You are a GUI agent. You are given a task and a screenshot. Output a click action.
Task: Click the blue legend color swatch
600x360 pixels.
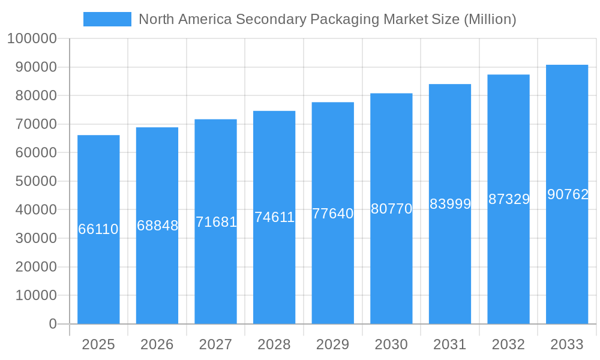coord(107,19)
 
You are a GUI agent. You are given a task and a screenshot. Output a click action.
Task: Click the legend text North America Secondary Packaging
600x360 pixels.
coord(327,19)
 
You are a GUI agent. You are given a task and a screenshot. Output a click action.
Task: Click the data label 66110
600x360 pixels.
coord(98,229)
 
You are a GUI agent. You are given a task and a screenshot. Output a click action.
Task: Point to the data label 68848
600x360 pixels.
coord(157,226)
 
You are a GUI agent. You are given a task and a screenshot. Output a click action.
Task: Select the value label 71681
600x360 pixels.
coord(216,222)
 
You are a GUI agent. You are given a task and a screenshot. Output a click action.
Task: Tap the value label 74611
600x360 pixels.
coord(274,217)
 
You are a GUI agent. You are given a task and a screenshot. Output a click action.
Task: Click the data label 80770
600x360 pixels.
coord(391,209)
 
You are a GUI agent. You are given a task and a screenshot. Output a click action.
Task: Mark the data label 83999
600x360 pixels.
coord(450,204)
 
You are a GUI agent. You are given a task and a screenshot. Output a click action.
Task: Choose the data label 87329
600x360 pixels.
coord(509,199)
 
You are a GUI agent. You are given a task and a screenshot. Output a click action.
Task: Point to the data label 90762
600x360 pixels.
coord(568,194)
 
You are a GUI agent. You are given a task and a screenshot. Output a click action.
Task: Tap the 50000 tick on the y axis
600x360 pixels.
coord(35,181)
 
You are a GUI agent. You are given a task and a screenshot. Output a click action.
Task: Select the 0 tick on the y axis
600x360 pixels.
coord(52,324)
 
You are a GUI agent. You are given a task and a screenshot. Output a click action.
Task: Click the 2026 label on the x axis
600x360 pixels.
coord(157,344)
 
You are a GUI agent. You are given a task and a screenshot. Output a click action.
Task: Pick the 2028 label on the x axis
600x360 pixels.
coord(274,344)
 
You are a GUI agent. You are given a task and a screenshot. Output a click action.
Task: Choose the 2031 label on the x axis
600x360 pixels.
coord(450,344)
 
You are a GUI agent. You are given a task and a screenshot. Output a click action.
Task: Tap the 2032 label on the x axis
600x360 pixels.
coord(508,344)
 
